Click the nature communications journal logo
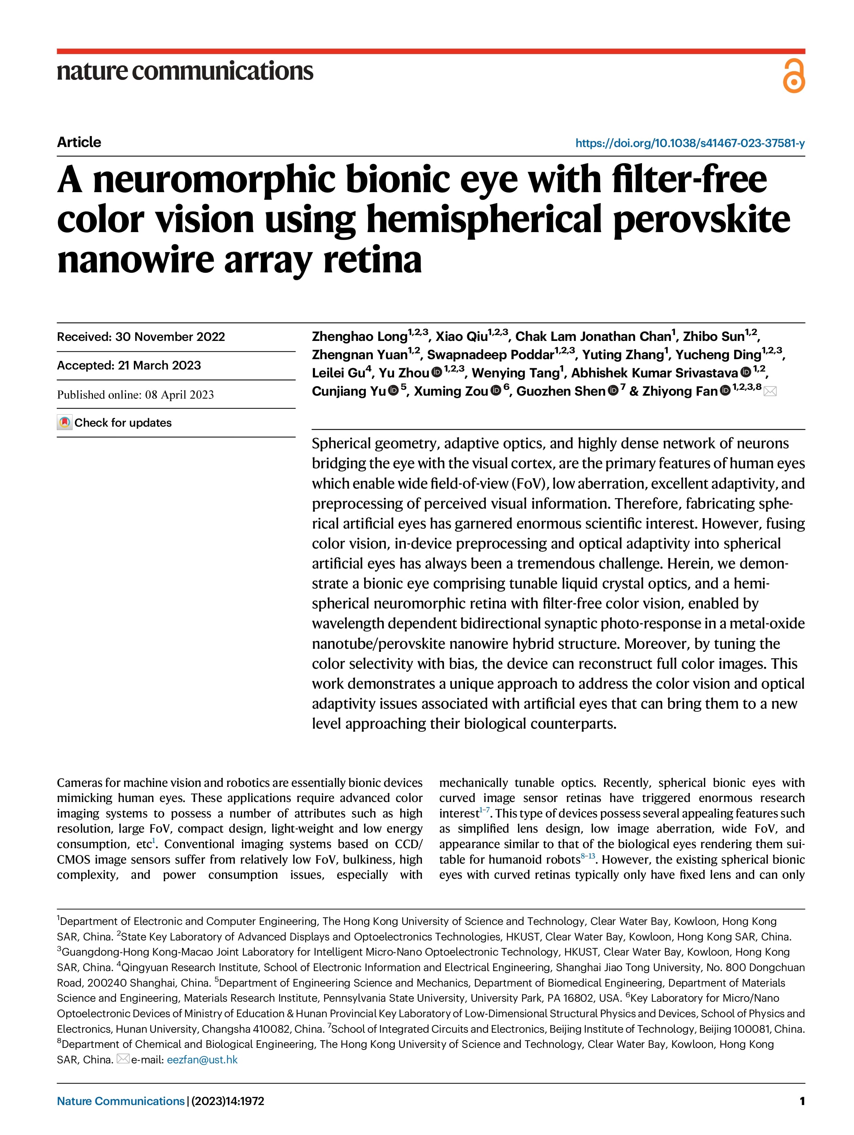coord(184,71)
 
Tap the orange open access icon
coord(793,76)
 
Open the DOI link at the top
coord(689,143)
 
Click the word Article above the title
coord(79,142)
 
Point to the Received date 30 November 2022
coord(141,336)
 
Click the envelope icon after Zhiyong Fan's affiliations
coord(770,392)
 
